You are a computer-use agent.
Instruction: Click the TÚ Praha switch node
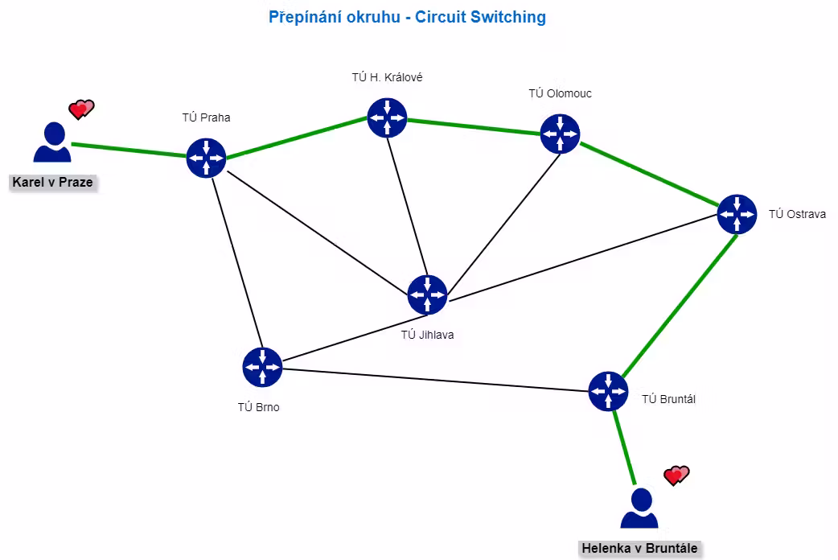207,158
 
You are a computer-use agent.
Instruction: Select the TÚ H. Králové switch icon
388,117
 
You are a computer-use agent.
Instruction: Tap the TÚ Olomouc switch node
560,134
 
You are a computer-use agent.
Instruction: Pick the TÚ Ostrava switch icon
737,214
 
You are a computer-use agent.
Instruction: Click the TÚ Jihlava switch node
428,294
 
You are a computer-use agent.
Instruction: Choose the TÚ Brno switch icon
262,367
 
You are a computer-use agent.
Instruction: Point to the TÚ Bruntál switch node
608,392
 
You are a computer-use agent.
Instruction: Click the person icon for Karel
52,142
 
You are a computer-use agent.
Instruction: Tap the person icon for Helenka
639,509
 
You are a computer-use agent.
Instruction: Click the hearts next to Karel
81,109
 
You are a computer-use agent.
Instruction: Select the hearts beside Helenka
676,475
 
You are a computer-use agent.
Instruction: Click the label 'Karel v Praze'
52,183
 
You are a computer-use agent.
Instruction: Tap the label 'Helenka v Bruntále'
639,548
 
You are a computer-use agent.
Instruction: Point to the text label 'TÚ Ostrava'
797,214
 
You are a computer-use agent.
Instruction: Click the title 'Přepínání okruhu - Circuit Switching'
407,17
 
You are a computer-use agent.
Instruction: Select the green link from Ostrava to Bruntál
680,306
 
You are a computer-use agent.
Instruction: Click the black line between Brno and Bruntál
435,380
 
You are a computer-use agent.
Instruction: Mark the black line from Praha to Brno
237,262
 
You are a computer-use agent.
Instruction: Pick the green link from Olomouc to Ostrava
649,174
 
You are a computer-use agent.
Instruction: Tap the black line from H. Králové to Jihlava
408,206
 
